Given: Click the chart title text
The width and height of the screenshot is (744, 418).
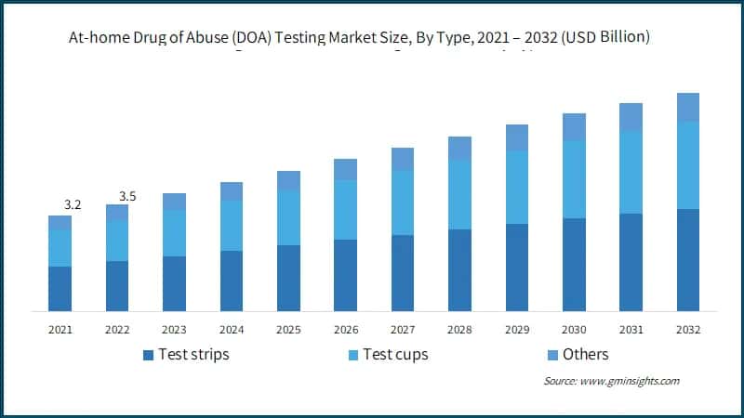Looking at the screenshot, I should pyautogui.click(x=372, y=38).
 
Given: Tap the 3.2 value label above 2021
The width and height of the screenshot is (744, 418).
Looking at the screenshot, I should pyautogui.click(x=72, y=204).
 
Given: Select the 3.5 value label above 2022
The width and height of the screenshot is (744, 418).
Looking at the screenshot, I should pyautogui.click(x=128, y=196).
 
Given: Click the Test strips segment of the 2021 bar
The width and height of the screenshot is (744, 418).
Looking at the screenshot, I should pyautogui.click(x=60, y=289).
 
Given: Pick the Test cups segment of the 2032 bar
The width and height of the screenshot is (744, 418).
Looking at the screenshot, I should pyautogui.click(x=688, y=165).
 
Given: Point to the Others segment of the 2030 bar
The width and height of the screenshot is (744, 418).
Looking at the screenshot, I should pyautogui.click(x=574, y=127).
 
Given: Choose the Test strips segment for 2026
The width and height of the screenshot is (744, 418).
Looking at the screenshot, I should pyautogui.click(x=346, y=275).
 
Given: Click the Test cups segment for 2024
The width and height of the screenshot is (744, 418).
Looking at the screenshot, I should pyautogui.click(x=232, y=226).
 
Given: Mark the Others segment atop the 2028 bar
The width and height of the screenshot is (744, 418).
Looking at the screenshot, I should pyautogui.click(x=459, y=148).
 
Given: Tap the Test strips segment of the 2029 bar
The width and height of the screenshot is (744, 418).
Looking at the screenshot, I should pyautogui.click(x=517, y=268).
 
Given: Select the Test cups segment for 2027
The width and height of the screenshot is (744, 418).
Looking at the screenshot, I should pyautogui.click(x=403, y=202).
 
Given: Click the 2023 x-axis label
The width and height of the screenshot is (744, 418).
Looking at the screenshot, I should pyautogui.click(x=174, y=330).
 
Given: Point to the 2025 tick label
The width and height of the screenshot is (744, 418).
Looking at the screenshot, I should pyautogui.click(x=288, y=330).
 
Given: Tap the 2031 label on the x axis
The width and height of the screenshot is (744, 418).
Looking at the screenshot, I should pyautogui.click(x=631, y=330).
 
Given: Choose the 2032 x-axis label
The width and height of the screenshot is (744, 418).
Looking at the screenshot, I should pyautogui.click(x=688, y=330).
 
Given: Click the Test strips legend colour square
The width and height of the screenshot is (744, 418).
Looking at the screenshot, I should pyautogui.click(x=148, y=355).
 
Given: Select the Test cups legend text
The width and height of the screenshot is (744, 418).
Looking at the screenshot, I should pyautogui.click(x=395, y=354).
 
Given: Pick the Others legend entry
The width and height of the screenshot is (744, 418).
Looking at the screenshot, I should pyautogui.click(x=577, y=354).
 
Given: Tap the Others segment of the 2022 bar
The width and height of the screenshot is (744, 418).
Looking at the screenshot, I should pyautogui.click(x=117, y=213).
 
